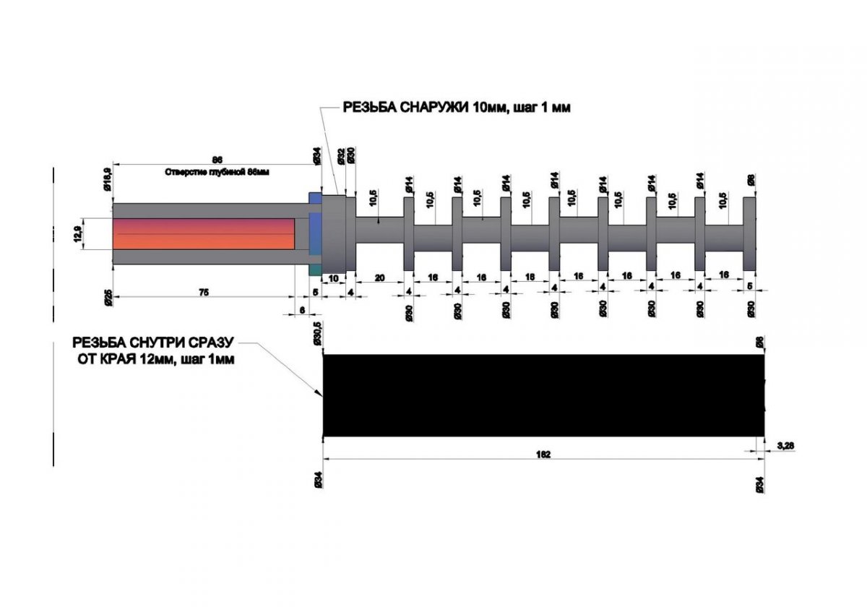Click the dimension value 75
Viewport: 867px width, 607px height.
coord(204,293)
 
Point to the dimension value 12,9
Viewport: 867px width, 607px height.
coord(77,234)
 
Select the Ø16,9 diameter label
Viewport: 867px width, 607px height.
coord(107,178)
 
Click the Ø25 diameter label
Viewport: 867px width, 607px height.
coord(107,297)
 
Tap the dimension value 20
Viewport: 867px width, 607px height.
coord(379,277)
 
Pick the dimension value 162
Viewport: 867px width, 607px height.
coord(544,455)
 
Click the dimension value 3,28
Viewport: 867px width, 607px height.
coord(786,446)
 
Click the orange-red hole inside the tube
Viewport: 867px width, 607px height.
coord(203,233)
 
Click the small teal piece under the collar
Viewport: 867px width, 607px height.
coord(315,270)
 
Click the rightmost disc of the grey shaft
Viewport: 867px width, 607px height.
coord(749,233)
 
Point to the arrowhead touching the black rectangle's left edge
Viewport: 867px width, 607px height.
coord(320,393)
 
